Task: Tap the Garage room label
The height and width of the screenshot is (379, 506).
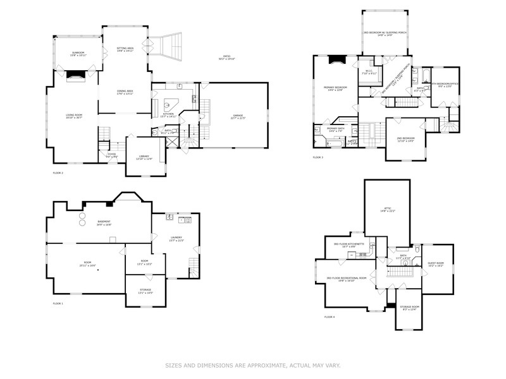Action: pos(238,117)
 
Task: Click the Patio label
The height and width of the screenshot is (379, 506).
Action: pos(226,58)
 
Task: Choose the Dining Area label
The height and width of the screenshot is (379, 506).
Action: pos(125,92)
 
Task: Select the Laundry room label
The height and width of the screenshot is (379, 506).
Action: pos(175,239)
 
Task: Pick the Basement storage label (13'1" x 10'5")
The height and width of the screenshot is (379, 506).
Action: pos(145,292)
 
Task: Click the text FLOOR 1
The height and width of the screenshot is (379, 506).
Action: pos(58,304)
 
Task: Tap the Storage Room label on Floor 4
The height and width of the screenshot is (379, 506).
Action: pos(410,308)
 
